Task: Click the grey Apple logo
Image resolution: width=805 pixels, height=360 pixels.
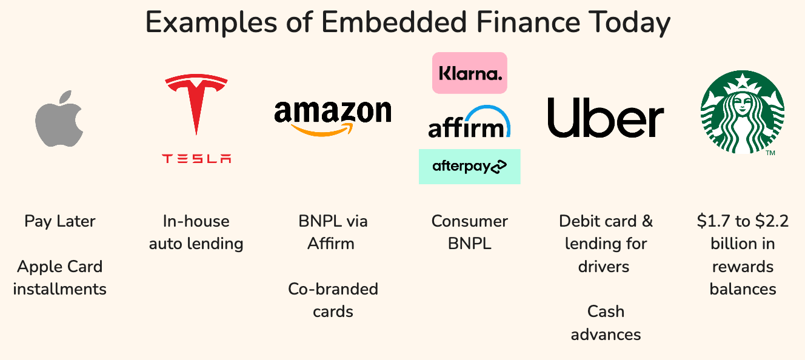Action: [59, 119]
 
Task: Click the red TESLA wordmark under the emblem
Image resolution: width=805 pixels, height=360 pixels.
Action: [196, 159]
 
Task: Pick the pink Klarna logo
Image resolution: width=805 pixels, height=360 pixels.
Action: [470, 73]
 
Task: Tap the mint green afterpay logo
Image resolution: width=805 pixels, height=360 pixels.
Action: [469, 166]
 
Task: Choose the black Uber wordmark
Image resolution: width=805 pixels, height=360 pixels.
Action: [605, 118]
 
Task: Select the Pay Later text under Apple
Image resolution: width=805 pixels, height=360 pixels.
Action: [60, 221]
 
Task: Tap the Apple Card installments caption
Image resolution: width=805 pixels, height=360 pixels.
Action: [60, 278]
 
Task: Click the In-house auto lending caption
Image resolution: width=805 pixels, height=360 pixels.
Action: [196, 232]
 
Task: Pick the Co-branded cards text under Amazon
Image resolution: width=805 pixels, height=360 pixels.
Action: [333, 300]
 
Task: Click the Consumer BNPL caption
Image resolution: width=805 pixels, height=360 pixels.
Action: [469, 232]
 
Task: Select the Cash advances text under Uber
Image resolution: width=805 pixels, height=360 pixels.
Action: [606, 322]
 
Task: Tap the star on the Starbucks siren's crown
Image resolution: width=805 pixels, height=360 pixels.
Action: [742, 81]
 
